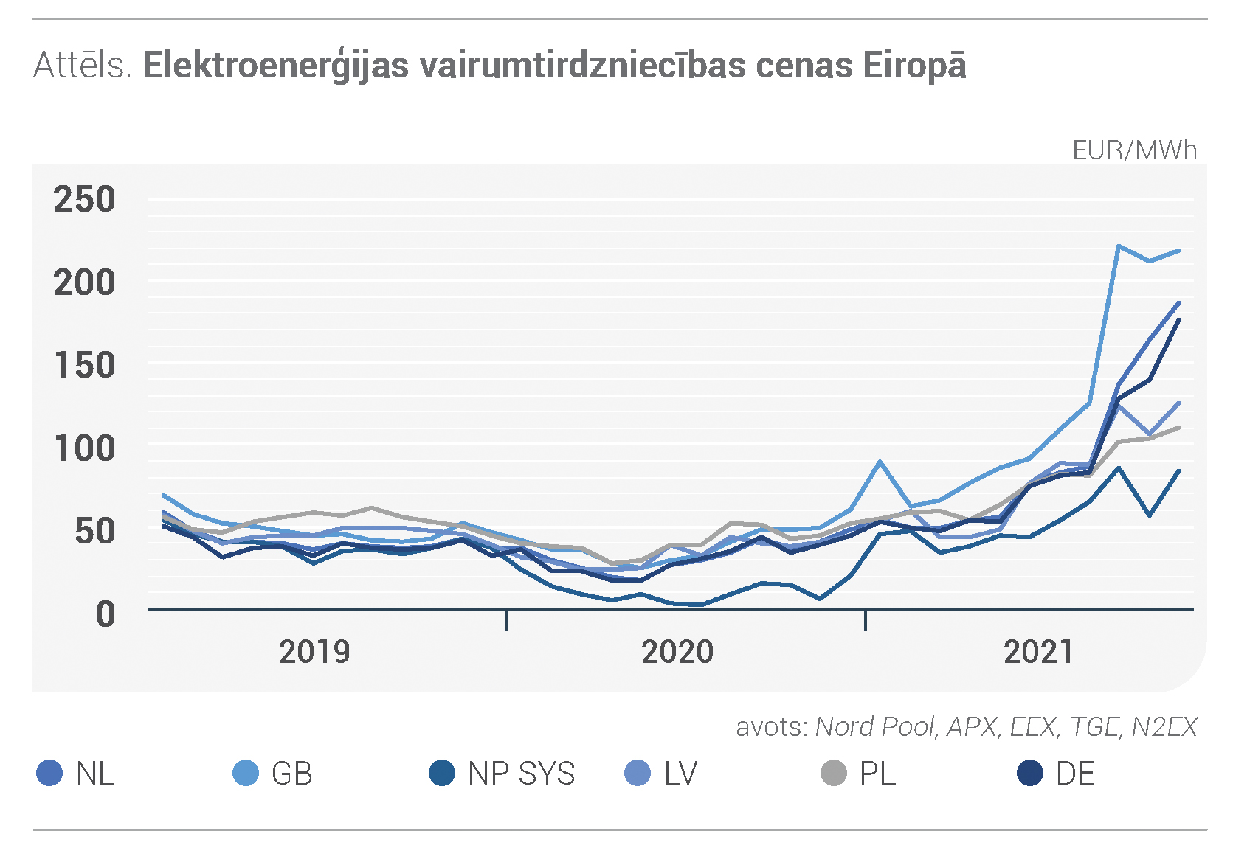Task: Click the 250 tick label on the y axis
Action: [x=84, y=199]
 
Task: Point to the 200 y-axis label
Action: [x=84, y=282]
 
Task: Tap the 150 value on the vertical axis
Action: [x=84, y=365]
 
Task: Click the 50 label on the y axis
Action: [x=94, y=531]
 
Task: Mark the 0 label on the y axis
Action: [x=106, y=614]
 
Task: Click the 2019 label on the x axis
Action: [x=314, y=652]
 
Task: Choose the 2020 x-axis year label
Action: [x=677, y=652]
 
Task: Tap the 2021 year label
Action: [x=1038, y=652]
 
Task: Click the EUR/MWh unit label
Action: [x=1134, y=150]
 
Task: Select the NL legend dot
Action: [x=49, y=773]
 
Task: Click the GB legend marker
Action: [x=246, y=773]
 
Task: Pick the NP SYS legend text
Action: [x=521, y=774]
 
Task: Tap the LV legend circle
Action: [x=638, y=773]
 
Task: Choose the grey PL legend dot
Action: [x=834, y=773]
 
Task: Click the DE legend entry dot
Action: [x=1030, y=773]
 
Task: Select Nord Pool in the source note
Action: [x=874, y=726]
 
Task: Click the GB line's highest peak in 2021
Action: [x=1119, y=246]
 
